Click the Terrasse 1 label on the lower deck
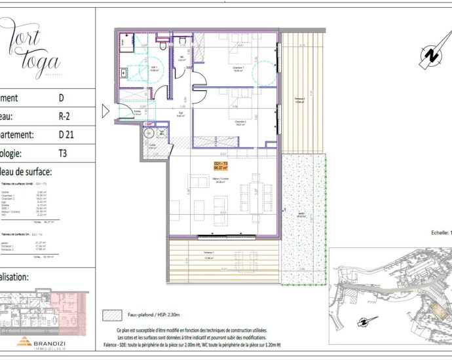coord(210,253)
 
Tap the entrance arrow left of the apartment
coord(105,111)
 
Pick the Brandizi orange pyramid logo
coord(24,341)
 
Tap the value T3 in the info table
coord(64,155)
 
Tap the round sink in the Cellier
coord(148,134)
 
